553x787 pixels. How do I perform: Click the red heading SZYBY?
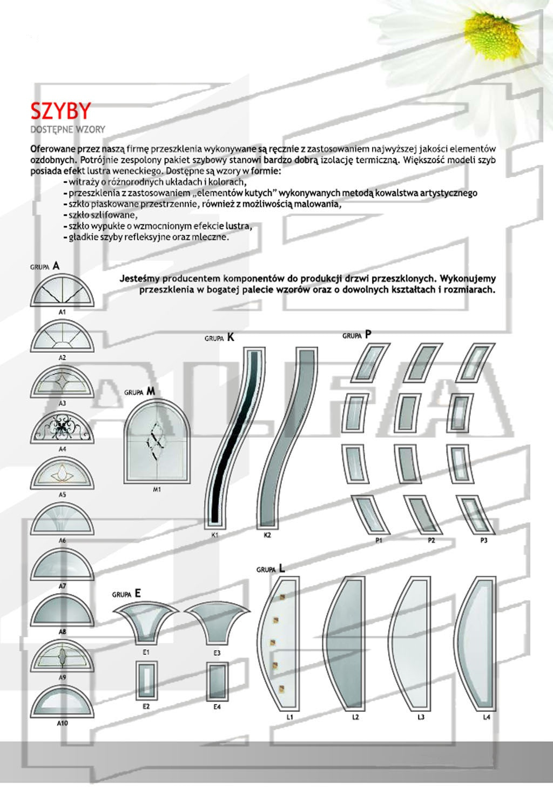point(60,111)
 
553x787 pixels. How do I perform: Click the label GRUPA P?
point(357,335)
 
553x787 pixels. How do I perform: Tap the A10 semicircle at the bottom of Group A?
point(62,704)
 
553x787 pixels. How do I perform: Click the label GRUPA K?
point(219,338)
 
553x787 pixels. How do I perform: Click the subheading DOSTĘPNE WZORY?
point(68,130)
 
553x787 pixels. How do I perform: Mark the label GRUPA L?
point(271,569)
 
